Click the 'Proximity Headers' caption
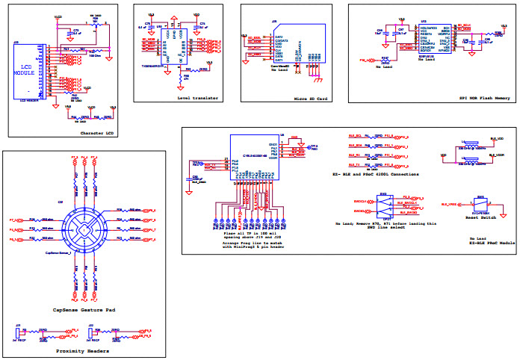tap(82, 350)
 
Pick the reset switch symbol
tap(481, 204)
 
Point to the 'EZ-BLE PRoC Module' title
tap(489, 243)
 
